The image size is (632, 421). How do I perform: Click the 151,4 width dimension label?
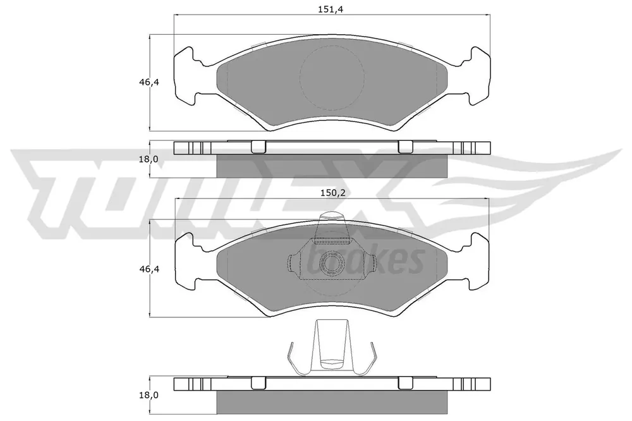pos(330,9)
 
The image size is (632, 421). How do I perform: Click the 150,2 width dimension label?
pos(333,193)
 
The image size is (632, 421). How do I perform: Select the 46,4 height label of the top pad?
pos(149,82)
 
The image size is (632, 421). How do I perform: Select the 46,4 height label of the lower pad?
pos(149,269)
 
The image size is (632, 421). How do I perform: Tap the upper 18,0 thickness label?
pos(149,159)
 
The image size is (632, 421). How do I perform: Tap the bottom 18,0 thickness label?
pos(149,395)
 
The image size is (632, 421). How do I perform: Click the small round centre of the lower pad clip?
pos(331,264)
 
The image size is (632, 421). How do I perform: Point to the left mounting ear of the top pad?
pos(186,76)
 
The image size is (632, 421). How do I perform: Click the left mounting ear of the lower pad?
pos(187,262)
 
